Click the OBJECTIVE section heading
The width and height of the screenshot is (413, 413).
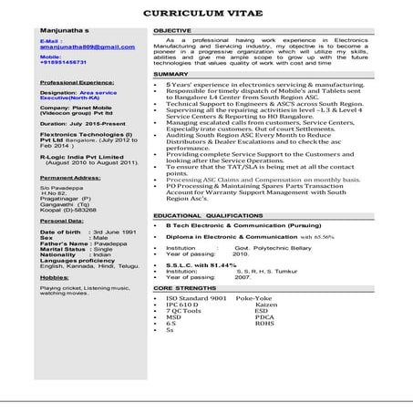(x=172, y=31)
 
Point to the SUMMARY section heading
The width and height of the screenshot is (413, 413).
(x=170, y=74)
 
